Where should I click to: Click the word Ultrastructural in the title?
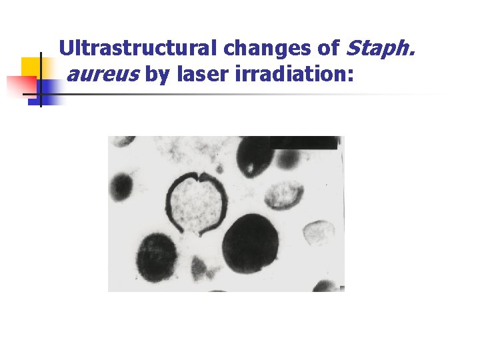click(139, 49)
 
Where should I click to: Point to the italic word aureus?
click(103, 75)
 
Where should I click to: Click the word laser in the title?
click(203, 75)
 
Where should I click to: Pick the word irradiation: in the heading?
click(294, 75)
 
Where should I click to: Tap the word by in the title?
click(158, 75)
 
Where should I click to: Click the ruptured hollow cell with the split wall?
click(197, 203)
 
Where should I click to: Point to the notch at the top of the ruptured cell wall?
click(198, 177)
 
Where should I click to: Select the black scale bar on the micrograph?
click(303, 142)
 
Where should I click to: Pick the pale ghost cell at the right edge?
click(319, 233)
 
